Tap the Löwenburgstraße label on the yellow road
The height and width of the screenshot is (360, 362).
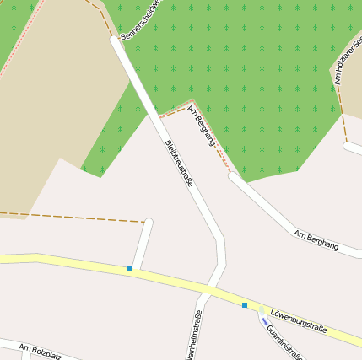tap(298, 321)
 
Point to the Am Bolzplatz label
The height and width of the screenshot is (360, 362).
tap(40, 350)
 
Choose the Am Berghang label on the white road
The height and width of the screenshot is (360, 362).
tap(316, 239)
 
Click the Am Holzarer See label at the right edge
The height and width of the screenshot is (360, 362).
tap(347, 67)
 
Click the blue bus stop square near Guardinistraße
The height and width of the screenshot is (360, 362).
tap(245, 304)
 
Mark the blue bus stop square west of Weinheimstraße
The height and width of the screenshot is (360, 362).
tap(129, 268)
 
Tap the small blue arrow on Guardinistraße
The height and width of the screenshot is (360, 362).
tap(264, 320)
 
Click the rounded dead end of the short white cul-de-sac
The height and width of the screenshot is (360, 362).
tap(149, 223)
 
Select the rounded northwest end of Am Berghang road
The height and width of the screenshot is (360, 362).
tap(232, 176)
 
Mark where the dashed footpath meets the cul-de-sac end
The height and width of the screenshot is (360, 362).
tap(145, 223)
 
